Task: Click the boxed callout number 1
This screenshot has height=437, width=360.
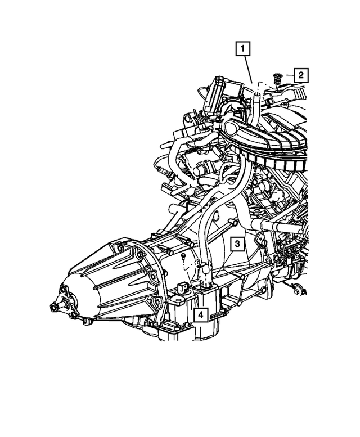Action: [242, 49]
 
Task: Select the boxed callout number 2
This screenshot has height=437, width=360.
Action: [301, 75]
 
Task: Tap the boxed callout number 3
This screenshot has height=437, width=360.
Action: [237, 244]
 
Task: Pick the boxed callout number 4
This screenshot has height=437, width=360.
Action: [201, 315]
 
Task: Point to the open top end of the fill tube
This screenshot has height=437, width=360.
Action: [258, 95]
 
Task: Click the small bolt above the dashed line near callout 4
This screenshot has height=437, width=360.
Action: [183, 256]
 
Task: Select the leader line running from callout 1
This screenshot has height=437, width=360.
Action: [249, 70]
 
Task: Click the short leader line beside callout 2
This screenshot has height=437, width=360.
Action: [290, 75]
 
